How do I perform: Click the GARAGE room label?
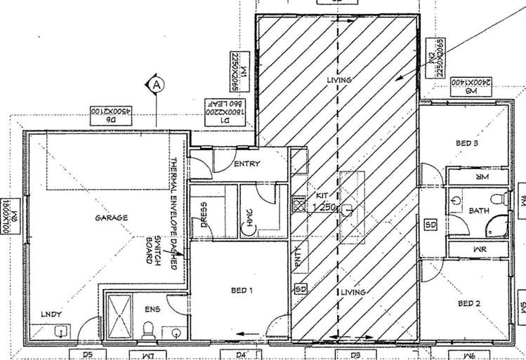click(x=112, y=218)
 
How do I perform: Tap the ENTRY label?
click(x=246, y=164)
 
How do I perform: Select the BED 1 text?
click(x=242, y=290)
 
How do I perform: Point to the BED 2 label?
click(x=468, y=304)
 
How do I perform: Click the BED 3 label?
click(x=467, y=144)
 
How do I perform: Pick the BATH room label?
click(x=480, y=211)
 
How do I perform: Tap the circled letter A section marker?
click(x=157, y=85)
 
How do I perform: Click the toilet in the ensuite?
click(x=147, y=329)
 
